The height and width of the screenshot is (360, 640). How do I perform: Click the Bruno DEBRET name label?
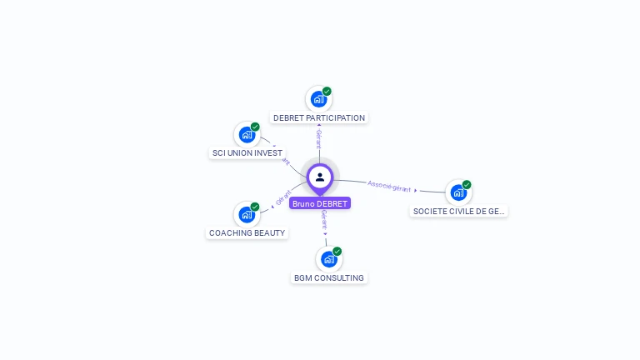click(x=320, y=203)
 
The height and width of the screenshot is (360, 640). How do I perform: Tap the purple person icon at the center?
click(x=320, y=177)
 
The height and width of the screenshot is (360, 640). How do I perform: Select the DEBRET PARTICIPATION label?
click(x=319, y=117)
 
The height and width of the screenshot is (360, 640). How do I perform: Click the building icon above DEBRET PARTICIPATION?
click(x=317, y=99)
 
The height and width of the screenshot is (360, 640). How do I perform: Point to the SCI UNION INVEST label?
click(x=247, y=153)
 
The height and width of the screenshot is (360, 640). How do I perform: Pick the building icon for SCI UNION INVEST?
click(x=246, y=134)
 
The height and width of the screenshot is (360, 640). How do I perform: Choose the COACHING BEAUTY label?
click(x=247, y=232)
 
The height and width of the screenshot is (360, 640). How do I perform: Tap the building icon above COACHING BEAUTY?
click(x=246, y=214)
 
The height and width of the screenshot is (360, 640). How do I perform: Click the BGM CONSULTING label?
click(x=328, y=277)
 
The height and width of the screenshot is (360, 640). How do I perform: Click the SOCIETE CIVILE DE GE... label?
click(x=459, y=211)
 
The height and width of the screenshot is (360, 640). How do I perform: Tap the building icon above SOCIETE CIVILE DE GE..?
click(x=457, y=192)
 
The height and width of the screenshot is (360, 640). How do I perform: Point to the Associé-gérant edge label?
click(x=389, y=186)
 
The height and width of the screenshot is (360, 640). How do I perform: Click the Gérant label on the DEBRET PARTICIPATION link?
click(x=318, y=139)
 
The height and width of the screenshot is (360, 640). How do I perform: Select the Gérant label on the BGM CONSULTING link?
click(x=323, y=220)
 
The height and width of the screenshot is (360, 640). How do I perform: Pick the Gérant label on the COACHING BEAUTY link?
click(x=282, y=198)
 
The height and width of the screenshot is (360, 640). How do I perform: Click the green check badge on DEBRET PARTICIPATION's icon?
click(x=327, y=91)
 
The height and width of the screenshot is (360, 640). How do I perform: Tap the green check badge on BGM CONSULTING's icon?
click(x=337, y=251)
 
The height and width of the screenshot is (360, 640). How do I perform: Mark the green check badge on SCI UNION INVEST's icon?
click(x=255, y=127)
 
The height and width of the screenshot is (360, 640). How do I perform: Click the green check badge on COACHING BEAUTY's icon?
click(x=255, y=207)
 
